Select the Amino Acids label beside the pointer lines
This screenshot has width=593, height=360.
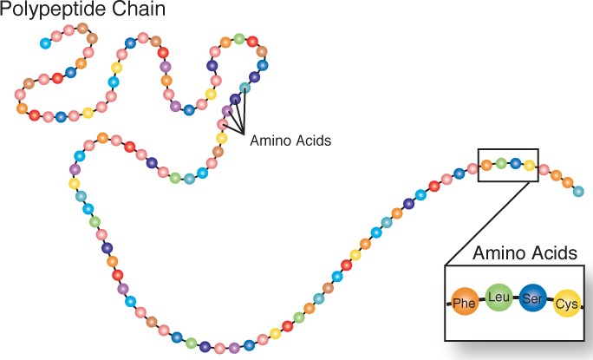290,140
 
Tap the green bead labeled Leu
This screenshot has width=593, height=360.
499,298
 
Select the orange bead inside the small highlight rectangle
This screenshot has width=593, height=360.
487,164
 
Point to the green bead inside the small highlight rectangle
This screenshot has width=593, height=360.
501,162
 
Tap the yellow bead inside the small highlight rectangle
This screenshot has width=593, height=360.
529,164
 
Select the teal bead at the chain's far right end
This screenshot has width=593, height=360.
579,190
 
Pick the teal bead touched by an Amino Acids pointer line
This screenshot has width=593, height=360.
245,88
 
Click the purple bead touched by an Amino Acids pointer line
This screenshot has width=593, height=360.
228,110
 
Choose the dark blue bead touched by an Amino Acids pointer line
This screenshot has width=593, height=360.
235,98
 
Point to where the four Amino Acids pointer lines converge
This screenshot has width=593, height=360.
246,132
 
